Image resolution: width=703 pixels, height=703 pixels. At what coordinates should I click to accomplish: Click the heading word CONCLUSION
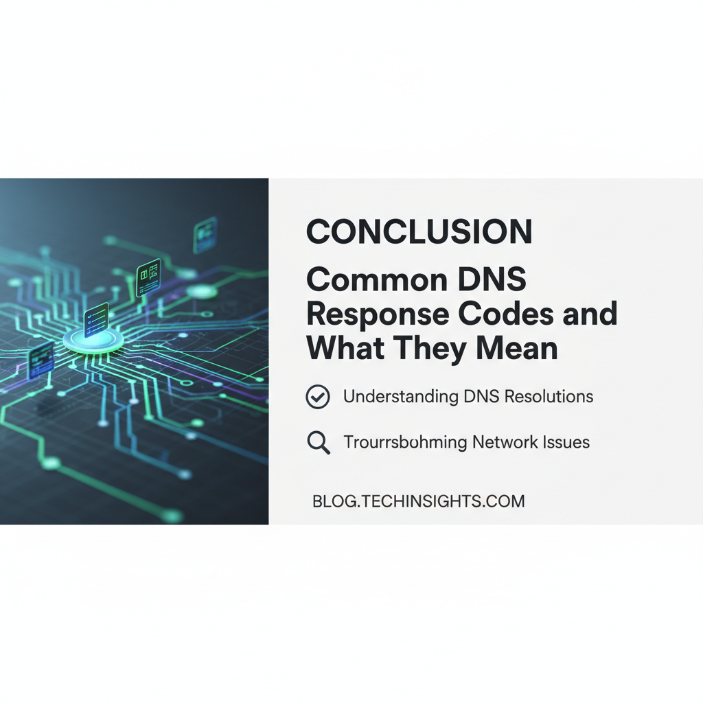(x=419, y=232)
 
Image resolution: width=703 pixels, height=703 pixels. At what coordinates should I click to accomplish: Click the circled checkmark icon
(x=318, y=397)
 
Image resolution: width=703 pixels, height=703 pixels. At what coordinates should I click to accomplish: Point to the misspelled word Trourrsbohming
(x=405, y=443)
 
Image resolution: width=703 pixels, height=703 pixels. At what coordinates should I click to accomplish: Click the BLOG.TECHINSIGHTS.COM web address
(x=418, y=501)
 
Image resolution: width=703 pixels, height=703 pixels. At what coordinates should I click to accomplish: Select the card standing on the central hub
(x=95, y=320)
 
